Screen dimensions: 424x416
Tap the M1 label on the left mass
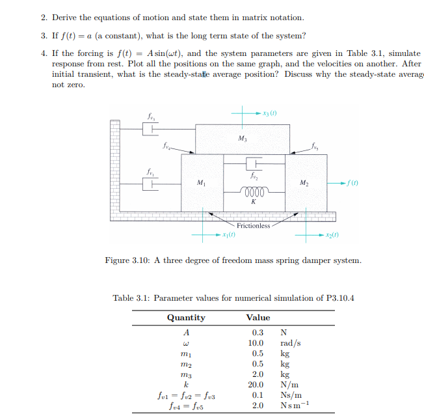coord(200,182)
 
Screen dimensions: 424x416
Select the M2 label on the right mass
coord(303,182)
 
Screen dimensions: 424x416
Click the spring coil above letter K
coord(252,193)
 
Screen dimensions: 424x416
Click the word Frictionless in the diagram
coord(254,226)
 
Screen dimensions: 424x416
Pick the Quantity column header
coord(186,318)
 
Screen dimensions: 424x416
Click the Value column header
coord(258,318)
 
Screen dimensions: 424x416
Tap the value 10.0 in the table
coord(256,343)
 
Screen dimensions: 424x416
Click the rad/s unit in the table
coord(290,343)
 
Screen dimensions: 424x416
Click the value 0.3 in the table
coord(258,333)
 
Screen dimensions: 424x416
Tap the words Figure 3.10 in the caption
coord(128,260)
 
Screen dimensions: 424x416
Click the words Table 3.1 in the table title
coord(132,298)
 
